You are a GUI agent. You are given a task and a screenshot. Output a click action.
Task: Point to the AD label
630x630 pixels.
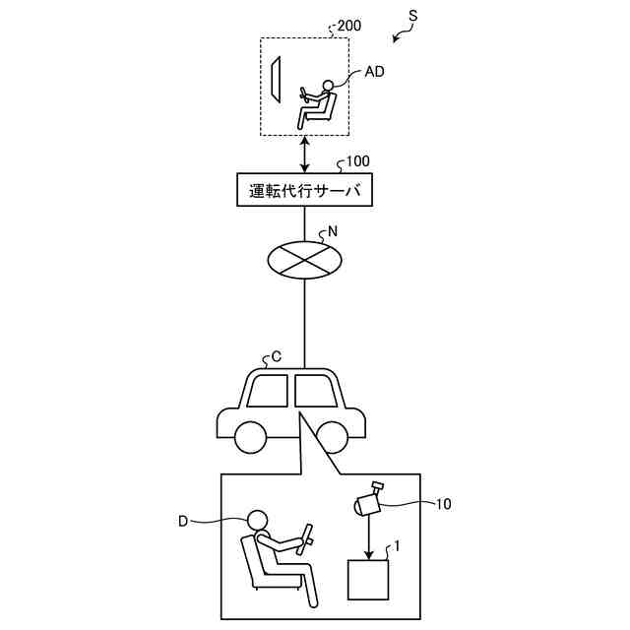[x=375, y=72]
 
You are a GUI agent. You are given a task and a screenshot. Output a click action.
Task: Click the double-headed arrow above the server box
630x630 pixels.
[x=306, y=154]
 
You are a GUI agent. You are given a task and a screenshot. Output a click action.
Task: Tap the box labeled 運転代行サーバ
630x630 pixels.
[x=306, y=189]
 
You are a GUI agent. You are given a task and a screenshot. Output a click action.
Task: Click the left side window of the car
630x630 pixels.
[x=267, y=391]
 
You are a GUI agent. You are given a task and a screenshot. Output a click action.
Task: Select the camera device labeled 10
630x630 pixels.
[x=367, y=500]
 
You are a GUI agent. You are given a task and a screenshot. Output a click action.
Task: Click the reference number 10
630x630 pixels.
[x=443, y=504]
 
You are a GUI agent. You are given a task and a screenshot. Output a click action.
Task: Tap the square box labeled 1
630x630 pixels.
[x=369, y=580]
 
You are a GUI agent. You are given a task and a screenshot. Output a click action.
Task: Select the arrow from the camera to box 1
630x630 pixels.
[x=369, y=535]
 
